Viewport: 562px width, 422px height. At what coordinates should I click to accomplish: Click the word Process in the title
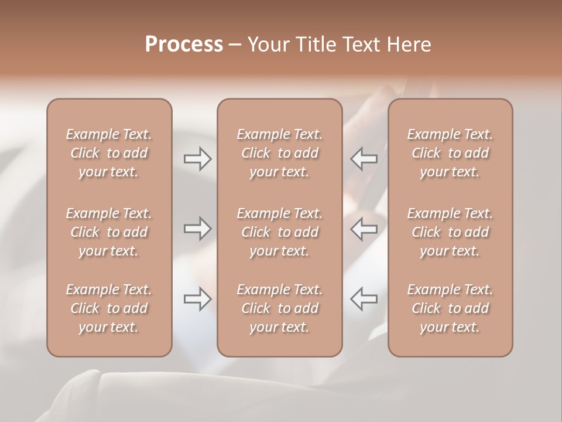point(184,45)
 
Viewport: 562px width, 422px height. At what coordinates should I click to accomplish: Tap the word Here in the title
point(409,45)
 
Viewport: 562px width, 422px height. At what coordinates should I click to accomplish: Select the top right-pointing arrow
point(197,159)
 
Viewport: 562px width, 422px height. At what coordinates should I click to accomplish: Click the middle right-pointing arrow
point(197,229)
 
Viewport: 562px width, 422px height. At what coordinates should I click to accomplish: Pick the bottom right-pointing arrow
point(197,299)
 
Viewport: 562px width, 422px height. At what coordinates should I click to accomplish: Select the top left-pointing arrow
point(364,159)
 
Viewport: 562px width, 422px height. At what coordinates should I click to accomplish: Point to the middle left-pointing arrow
point(364,229)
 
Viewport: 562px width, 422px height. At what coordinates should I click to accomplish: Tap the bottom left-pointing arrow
point(364,299)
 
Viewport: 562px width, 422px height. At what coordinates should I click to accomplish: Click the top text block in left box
point(109,153)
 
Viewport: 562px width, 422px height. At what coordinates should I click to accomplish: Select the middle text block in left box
point(109,232)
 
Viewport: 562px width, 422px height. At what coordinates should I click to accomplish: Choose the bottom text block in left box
point(109,308)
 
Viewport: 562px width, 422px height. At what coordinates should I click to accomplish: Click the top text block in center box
point(280,153)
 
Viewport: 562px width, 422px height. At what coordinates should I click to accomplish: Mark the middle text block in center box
point(280,232)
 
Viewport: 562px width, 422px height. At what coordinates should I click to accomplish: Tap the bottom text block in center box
point(280,308)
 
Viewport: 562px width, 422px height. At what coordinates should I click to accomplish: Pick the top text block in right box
point(450,153)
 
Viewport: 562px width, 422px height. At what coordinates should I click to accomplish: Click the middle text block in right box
point(450,232)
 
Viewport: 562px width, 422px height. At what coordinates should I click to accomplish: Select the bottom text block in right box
point(450,308)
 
